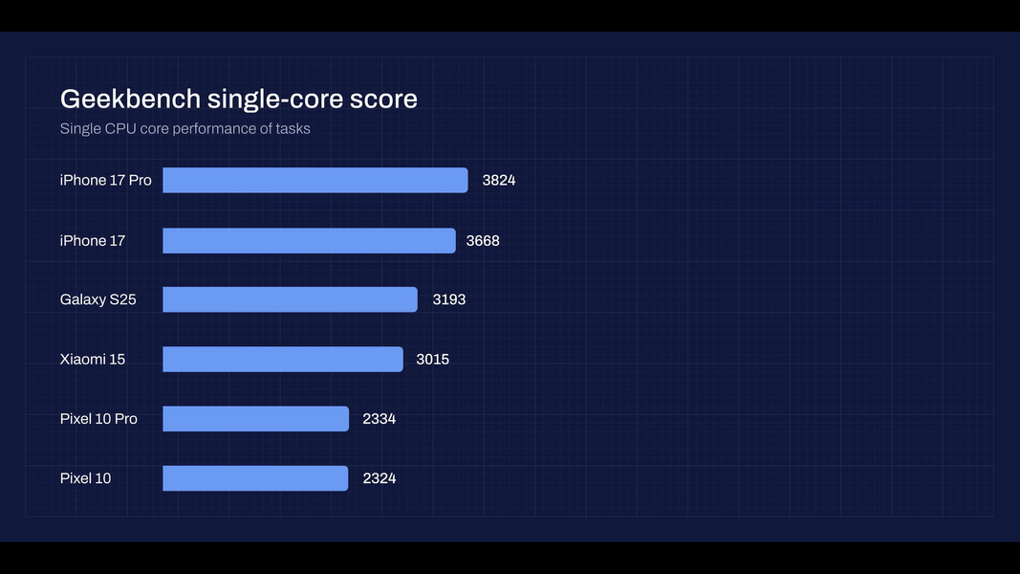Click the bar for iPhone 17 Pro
click(x=315, y=180)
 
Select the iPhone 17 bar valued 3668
click(x=309, y=240)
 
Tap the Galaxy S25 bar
click(x=290, y=299)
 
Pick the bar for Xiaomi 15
click(x=283, y=359)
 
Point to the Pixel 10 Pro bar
click(x=255, y=418)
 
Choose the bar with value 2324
click(x=255, y=477)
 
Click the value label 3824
click(x=499, y=180)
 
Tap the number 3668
click(x=483, y=240)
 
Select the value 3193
click(x=449, y=299)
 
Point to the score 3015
click(x=432, y=359)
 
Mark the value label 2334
click(x=379, y=418)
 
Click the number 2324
click(x=379, y=477)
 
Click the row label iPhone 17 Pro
click(x=105, y=180)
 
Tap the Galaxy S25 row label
click(x=98, y=299)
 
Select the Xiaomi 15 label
click(x=92, y=359)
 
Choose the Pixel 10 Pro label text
click(x=98, y=418)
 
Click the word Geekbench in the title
click(x=130, y=99)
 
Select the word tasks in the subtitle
click(x=291, y=128)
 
